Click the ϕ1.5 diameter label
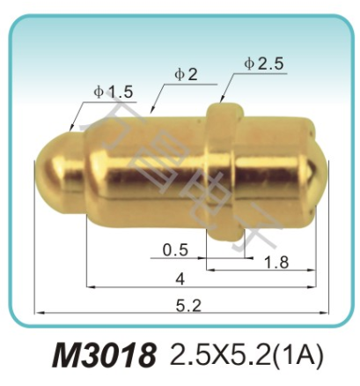(x=113, y=91)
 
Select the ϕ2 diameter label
(x=186, y=74)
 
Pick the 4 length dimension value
(x=180, y=279)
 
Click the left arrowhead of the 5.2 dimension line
(x=37, y=312)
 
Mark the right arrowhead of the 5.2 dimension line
(x=326, y=312)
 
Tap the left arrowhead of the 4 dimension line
(x=89, y=286)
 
